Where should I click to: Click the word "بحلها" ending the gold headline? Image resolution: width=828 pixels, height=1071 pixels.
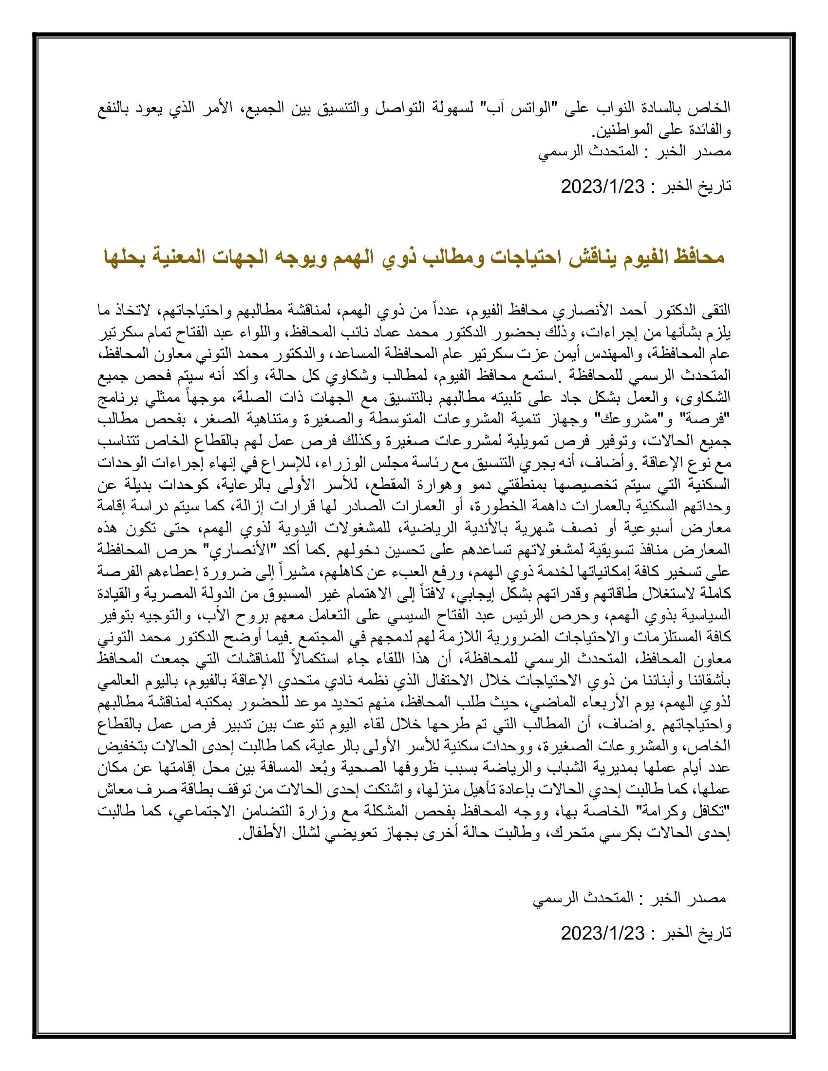(x=125, y=257)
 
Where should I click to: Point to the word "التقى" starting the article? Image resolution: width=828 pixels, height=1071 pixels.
(x=716, y=311)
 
